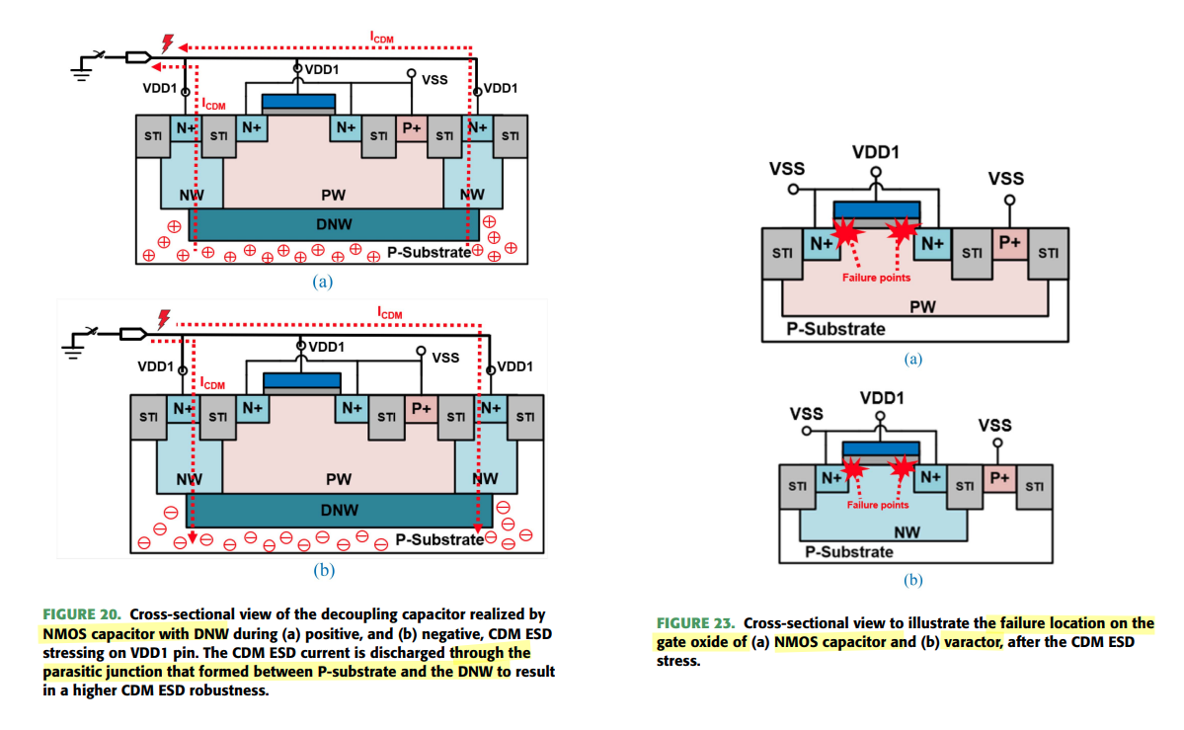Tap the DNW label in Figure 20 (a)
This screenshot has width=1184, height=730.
334,225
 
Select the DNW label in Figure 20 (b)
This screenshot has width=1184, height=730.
339,511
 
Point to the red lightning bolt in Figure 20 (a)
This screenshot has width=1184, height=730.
167,42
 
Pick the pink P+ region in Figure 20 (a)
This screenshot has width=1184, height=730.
411,128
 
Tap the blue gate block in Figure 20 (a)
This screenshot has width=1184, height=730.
297,101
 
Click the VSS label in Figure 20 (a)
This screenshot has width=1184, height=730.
435,79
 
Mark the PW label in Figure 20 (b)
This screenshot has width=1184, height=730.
339,479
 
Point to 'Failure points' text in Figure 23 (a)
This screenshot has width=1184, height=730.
876,278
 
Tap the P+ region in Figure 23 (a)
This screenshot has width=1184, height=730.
1009,243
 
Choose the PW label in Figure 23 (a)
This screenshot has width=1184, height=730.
922,307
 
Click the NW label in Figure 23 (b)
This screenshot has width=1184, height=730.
907,532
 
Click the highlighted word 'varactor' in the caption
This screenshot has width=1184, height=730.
975,642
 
